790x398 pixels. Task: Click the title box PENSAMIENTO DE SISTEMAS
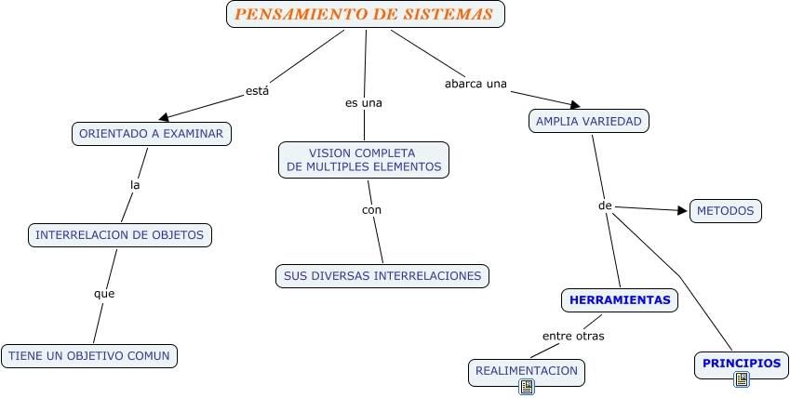(365, 15)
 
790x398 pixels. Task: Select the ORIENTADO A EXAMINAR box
(151, 134)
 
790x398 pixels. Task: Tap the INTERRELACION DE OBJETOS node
(120, 235)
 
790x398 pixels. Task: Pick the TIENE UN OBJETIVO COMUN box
(90, 355)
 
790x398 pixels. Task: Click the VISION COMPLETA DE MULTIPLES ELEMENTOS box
(364, 159)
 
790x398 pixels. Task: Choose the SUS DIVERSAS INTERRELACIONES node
(382, 276)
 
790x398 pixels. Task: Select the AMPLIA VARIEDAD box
(588, 121)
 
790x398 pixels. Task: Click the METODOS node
(725, 211)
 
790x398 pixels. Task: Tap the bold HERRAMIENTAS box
(620, 300)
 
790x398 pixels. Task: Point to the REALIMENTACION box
(526, 371)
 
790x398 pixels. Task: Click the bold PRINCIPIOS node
(742, 364)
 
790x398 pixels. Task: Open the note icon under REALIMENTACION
(527, 386)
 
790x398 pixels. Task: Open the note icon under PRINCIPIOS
(742, 378)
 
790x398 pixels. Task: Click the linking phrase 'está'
(257, 91)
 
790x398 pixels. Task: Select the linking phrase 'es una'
(364, 102)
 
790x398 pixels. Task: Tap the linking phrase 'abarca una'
(475, 84)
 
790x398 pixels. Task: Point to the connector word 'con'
(371, 209)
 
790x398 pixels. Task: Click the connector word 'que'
(104, 294)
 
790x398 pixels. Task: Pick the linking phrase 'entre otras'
(573, 336)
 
